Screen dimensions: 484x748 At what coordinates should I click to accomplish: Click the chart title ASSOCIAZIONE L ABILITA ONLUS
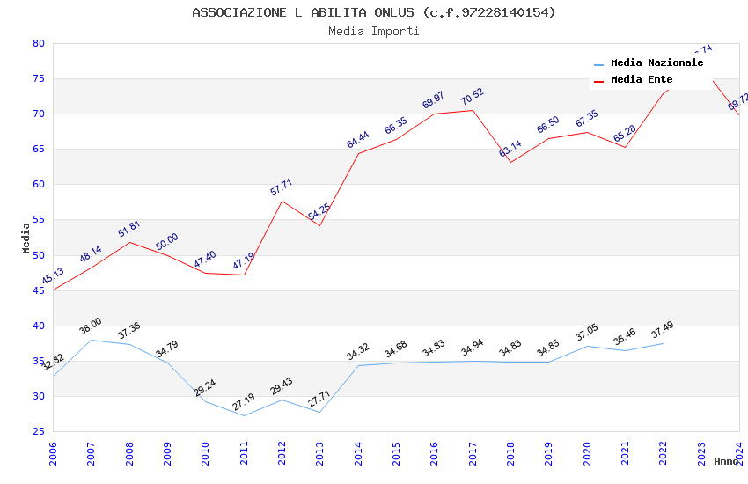coord(374,12)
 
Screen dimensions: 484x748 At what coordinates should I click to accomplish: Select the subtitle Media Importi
coord(374,32)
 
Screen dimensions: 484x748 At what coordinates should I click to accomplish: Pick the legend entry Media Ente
coord(642,80)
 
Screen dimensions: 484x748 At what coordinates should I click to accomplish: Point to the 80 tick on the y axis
coord(38,43)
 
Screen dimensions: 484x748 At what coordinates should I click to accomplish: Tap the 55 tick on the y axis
coord(38,220)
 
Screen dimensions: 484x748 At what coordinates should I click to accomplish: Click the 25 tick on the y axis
coord(38,431)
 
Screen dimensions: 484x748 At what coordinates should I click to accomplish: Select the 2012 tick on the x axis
coord(282,452)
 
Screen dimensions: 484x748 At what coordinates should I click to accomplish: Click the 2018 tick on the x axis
coord(510,452)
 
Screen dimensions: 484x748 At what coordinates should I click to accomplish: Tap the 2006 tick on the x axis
coord(53,452)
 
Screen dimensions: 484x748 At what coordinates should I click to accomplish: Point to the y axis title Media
coord(26,238)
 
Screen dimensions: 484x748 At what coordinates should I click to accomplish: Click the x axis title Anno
coord(726,461)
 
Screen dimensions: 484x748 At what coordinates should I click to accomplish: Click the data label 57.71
coord(282,187)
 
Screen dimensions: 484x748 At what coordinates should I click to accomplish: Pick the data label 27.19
coord(244,402)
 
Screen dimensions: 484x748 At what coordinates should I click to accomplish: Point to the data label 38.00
coord(91,326)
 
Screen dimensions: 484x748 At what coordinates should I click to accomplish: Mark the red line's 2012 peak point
coord(282,201)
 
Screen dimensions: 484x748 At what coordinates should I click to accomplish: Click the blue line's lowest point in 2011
coord(244,415)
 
